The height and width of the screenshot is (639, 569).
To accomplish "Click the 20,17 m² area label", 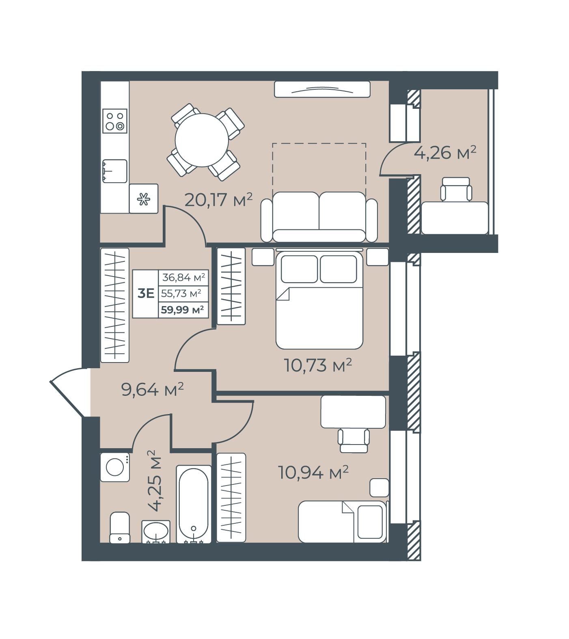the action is pyautogui.click(x=218, y=199).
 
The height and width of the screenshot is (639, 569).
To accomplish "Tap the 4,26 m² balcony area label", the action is pyautogui.click(x=445, y=153).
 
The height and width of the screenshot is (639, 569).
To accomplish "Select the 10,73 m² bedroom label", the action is pyautogui.click(x=318, y=365).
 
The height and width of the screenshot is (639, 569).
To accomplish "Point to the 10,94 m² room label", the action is pyautogui.click(x=313, y=472).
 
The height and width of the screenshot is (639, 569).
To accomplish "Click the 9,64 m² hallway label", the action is pyautogui.click(x=152, y=389).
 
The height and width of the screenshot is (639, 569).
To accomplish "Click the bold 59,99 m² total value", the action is pyautogui.click(x=182, y=310).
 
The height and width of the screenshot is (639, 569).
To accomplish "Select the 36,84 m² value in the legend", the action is pyautogui.click(x=183, y=277).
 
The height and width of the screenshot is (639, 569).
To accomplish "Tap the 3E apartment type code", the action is pyautogui.click(x=146, y=293).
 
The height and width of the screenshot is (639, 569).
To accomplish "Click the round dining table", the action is pyautogui.click(x=202, y=140).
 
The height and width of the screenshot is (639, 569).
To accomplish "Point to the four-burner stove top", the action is pyautogui.click(x=115, y=121).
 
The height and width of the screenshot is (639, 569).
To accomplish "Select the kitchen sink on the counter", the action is pyautogui.click(x=114, y=171).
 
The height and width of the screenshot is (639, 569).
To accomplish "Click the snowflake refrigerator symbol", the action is pyautogui.click(x=143, y=199).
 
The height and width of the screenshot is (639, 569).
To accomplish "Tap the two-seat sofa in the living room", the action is pyautogui.click(x=319, y=217).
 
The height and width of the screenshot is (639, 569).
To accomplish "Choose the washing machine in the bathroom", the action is pyautogui.click(x=115, y=467).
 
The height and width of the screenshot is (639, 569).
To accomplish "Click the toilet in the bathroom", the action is pyautogui.click(x=120, y=528).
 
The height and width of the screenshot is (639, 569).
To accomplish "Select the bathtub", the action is pyautogui.click(x=194, y=504).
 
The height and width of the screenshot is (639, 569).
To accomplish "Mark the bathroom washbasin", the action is pyautogui.click(x=156, y=531).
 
